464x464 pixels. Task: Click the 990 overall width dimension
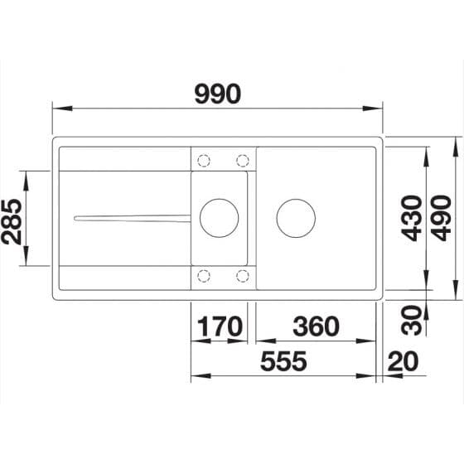(217, 94)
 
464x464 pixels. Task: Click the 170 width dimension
(220, 326)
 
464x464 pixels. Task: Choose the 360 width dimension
(314, 326)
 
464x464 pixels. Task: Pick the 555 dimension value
(282, 362)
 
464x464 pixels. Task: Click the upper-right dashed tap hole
(243, 160)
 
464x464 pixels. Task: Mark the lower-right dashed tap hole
(243, 276)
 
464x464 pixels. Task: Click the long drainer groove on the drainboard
(133, 218)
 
